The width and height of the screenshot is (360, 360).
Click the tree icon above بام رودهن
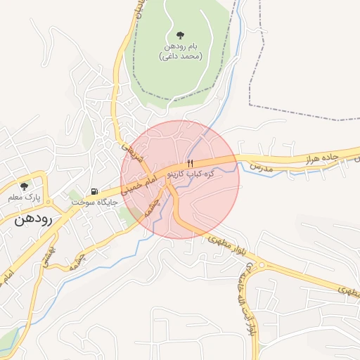(181, 34)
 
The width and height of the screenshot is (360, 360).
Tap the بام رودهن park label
(181, 46)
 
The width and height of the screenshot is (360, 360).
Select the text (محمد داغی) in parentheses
(181, 56)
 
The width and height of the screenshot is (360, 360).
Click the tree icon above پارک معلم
(25, 186)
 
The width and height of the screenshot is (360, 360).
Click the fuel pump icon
(94, 191)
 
